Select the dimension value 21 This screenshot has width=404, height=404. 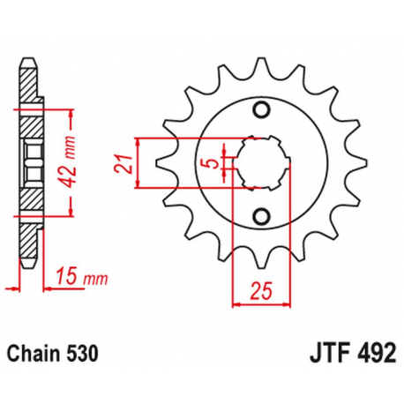point(125,163)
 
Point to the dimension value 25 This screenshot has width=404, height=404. point(258,287)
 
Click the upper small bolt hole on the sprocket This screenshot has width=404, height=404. point(260,109)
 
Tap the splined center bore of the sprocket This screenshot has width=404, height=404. point(261,162)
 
